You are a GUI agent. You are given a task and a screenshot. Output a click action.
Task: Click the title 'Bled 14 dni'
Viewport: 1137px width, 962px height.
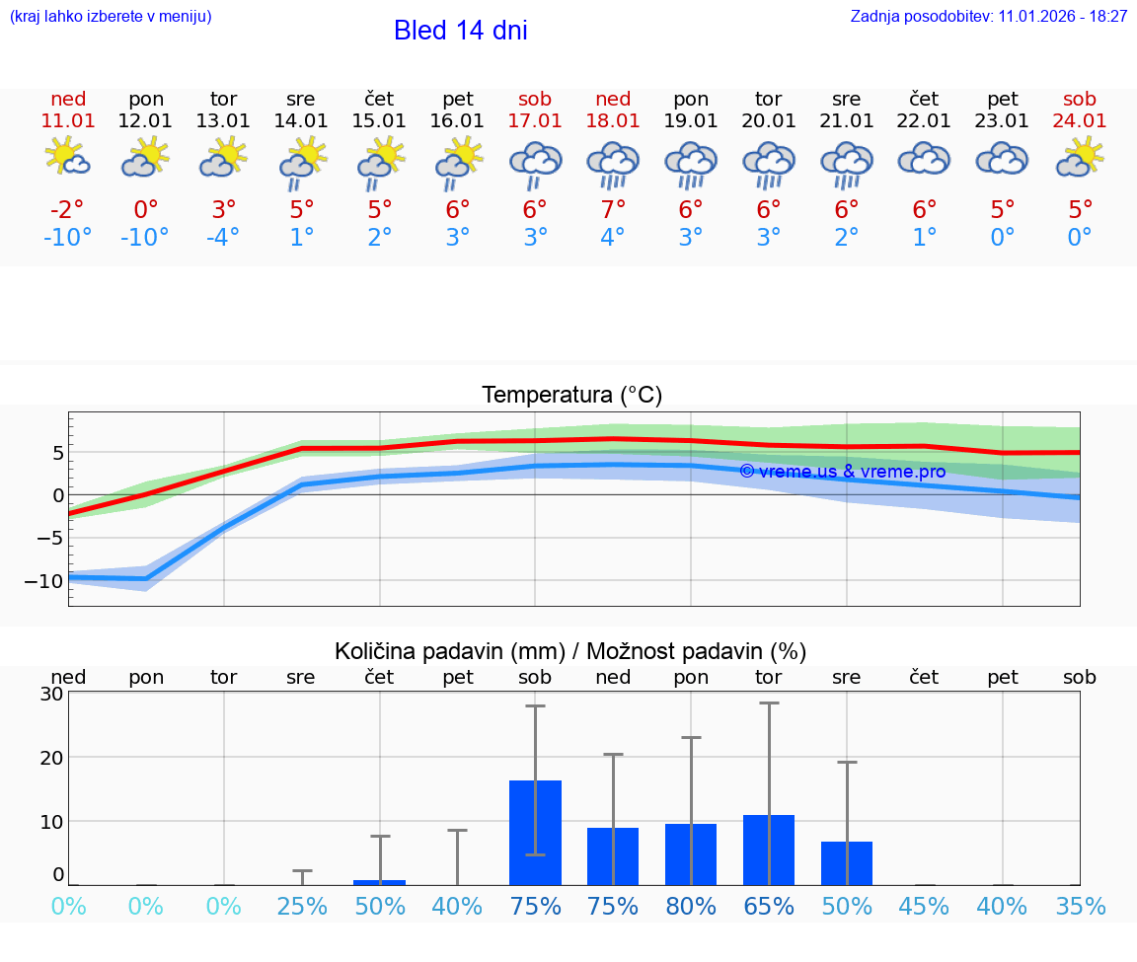point(460,31)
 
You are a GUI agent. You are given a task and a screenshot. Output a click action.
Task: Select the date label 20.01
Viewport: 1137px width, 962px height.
point(769,120)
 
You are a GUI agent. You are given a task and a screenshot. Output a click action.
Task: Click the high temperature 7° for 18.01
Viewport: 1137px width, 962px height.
point(613,210)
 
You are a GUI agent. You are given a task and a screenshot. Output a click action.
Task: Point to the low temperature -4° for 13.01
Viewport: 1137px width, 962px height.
point(223,238)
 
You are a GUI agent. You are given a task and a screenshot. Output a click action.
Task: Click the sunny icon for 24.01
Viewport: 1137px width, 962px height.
point(1080,158)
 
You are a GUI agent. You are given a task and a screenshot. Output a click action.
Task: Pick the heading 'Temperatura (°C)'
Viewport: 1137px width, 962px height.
point(571,396)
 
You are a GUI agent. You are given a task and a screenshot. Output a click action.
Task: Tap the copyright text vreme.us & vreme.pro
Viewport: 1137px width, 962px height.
point(842,472)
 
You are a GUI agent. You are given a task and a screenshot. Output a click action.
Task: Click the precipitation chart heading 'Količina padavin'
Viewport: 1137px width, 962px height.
point(570,651)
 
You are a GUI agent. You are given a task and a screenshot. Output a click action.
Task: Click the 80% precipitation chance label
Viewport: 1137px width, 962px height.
point(691,907)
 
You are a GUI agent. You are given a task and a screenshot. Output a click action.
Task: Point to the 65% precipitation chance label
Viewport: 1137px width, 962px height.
point(769,907)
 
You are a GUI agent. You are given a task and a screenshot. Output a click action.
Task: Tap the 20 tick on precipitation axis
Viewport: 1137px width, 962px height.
point(51,757)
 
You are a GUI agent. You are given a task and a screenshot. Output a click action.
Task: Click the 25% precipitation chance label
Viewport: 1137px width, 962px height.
point(302,907)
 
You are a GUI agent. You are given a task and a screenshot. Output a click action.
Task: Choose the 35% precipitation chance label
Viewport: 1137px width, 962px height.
point(1080,907)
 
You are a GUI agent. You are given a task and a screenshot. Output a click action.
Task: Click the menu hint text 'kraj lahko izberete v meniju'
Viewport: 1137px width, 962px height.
point(111,17)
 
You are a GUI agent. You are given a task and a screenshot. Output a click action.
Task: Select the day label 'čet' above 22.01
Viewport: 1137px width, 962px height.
point(924,99)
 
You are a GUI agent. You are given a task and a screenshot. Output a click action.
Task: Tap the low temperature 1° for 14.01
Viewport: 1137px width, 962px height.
point(302,238)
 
